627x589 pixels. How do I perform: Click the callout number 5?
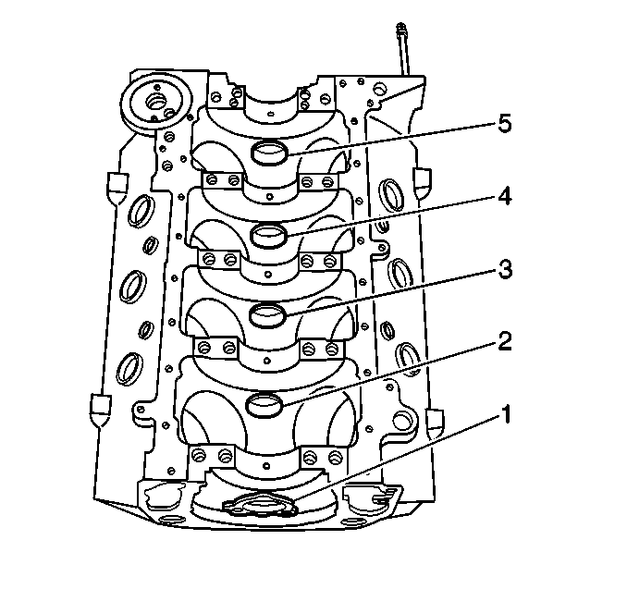(504, 124)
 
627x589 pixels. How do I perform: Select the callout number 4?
(505, 197)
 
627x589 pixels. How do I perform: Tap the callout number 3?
(505, 270)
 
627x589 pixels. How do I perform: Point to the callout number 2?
(505, 342)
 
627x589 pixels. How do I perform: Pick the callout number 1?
(506, 414)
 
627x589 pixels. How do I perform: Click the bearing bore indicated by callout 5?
(269, 153)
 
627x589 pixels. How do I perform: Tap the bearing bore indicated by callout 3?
(267, 315)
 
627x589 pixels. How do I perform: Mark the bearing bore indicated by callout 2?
(264, 404)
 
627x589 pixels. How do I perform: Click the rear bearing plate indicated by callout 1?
(260, 505)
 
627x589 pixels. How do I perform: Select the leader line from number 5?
(392, 139)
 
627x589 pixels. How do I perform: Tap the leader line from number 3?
(391, 293)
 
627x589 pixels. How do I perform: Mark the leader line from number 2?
(390, 374)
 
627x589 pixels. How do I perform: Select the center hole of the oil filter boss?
(156, 101)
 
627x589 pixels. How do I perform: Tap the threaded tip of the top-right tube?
(400, 29)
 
